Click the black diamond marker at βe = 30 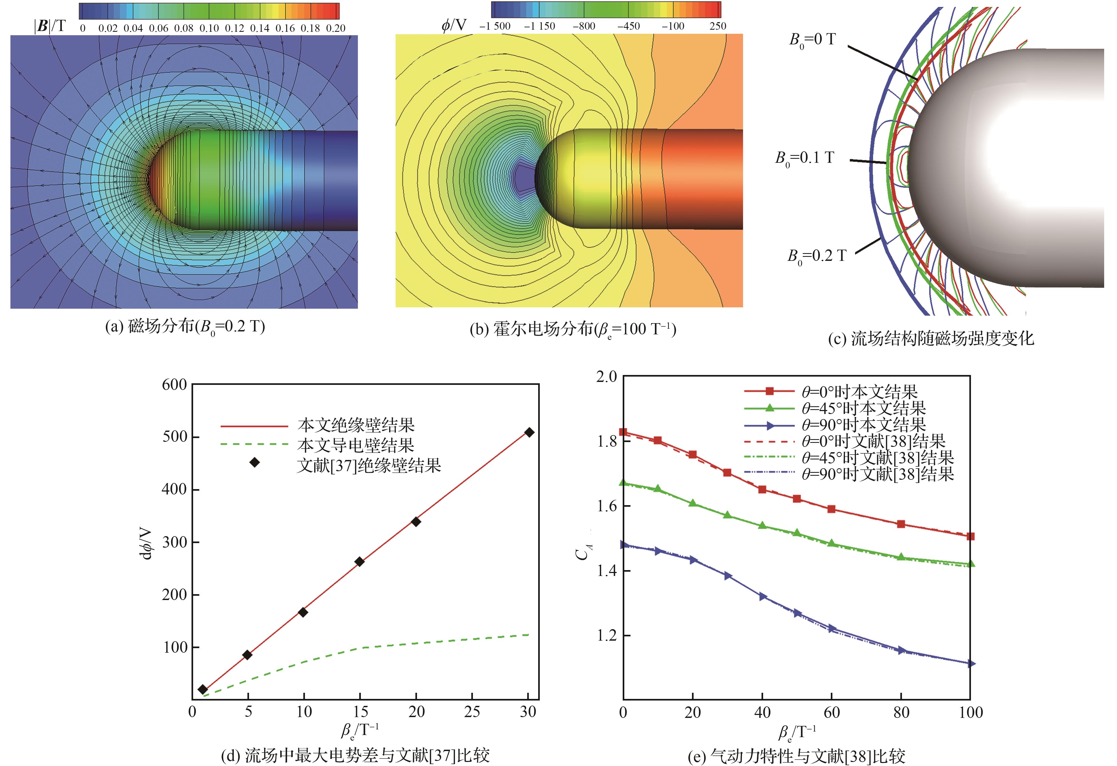[529, 432]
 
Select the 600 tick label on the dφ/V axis [174, 385]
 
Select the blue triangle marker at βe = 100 [970, 664]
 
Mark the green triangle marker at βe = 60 [832, 543]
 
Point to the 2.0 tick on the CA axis [607, 377]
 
